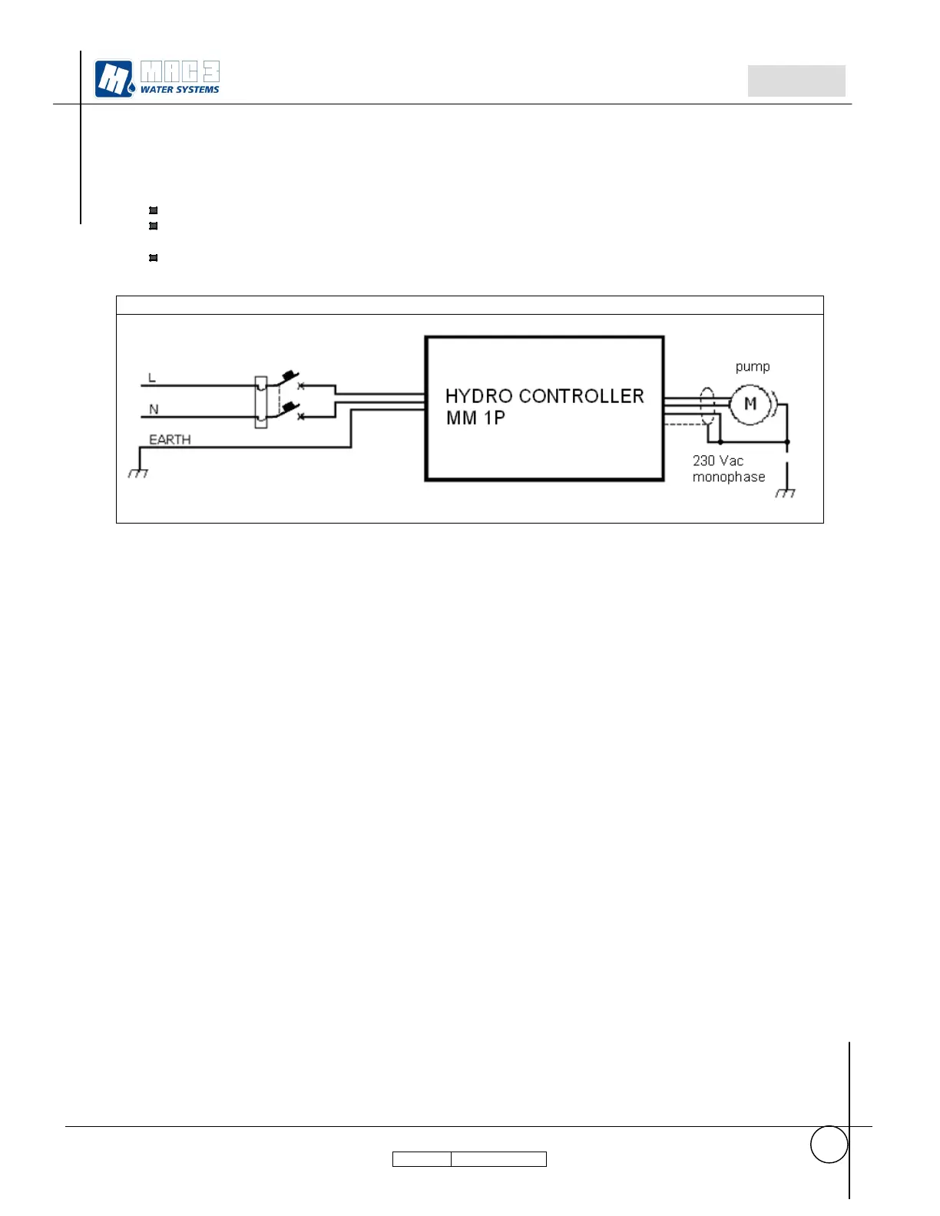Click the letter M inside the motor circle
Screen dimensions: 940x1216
[750, 404]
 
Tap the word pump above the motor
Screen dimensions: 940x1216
[752, 367]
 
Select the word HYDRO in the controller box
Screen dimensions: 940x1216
[478, 396]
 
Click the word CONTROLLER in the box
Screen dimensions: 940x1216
[581, 396]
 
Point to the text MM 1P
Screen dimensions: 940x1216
[475, 418]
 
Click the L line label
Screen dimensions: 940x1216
[152, 378]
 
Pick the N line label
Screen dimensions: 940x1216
[154, 409]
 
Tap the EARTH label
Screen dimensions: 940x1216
[170, 439]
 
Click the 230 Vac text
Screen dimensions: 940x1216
[717, 461]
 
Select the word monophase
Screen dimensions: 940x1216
[728, 477]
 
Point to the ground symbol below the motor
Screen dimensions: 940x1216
[785, 492]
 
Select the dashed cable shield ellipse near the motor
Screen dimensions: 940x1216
[707, 406]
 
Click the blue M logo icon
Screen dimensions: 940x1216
[114, 79]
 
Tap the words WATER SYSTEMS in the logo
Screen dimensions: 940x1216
[180, 90]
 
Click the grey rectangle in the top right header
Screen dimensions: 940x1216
[796, 81]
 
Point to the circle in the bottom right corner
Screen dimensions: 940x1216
[829, 1145]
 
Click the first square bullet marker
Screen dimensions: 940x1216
[153, 210]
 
